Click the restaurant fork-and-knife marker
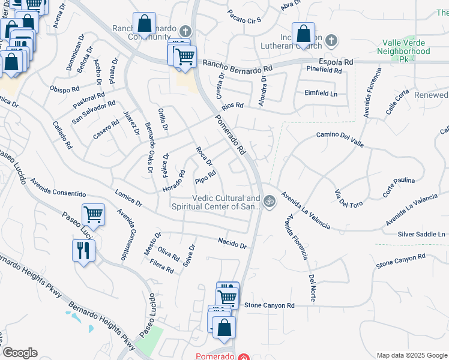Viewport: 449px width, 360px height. click(x=83, y=250)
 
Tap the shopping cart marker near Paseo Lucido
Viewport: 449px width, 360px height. click(x=93, y=214)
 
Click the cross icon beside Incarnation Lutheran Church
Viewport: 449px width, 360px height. click(x=331, y=41)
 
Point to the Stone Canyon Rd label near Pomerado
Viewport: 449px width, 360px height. click(x=270, y=305)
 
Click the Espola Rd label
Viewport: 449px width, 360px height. click(x=336, y=62)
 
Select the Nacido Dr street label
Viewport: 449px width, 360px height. click(x=232, y=243)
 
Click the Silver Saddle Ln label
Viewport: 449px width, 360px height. click(x=422, y=234)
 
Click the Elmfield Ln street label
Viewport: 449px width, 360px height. click(x=321, y=94)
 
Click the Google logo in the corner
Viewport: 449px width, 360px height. click(x=20, y=353)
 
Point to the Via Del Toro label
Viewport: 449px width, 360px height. click(x=348, y=197)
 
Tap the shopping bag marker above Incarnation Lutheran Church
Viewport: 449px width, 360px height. click(x=303, y=34)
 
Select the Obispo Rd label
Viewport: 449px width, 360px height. click(x=65, y=90)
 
